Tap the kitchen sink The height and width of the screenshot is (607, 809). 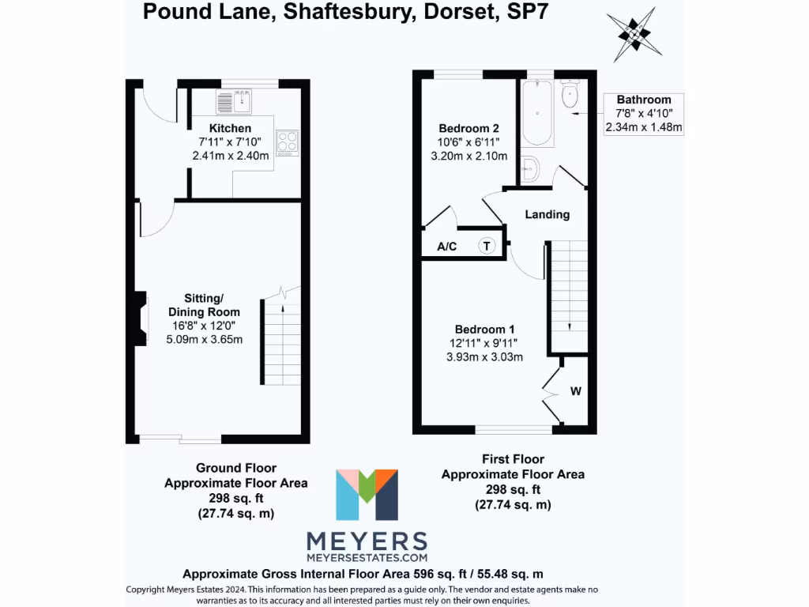(234, 102)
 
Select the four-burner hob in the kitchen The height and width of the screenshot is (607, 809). (288, 142)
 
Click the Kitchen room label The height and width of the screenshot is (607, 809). (230, 128)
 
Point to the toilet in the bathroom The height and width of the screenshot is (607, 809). (568, 96)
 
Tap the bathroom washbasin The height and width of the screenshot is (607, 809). (531, 168)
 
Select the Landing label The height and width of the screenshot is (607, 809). (547, 214)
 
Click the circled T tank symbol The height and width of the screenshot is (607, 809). (487, 246)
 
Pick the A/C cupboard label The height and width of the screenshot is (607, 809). (447, 247)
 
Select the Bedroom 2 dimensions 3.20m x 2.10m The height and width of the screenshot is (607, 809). (468, 156)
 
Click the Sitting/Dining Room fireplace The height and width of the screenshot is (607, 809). (140, 319)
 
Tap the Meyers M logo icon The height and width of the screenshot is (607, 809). (367, 496)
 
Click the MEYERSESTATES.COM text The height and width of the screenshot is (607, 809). (367, 558)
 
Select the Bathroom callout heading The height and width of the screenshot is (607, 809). (644, 100)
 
